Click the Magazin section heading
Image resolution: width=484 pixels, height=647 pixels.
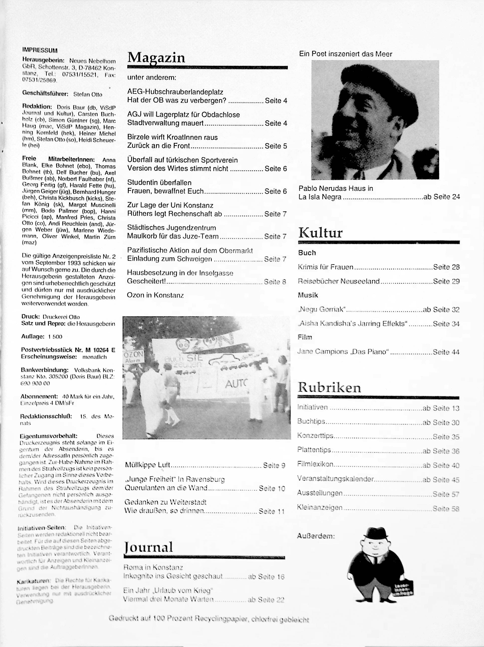tap(156, 58)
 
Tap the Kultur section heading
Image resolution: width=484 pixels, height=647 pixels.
tap(320, 233)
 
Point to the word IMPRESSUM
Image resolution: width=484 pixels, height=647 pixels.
tap(40, 50)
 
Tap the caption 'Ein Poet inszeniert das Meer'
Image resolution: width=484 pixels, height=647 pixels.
tap(345, 54)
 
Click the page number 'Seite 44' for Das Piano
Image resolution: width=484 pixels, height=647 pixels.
tap(446, 352)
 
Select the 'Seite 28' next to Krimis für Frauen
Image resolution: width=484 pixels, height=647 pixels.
tap(446, 267)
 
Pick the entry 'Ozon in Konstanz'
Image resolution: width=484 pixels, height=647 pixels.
tap(155, 295)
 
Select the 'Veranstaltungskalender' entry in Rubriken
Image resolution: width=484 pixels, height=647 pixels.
tap(335, 479)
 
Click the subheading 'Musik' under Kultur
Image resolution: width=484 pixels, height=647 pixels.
tap(308, 295)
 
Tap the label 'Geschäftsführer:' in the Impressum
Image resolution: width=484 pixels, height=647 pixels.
tap(45, 94)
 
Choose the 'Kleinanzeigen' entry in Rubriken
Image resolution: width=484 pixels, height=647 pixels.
tap(320, 508)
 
